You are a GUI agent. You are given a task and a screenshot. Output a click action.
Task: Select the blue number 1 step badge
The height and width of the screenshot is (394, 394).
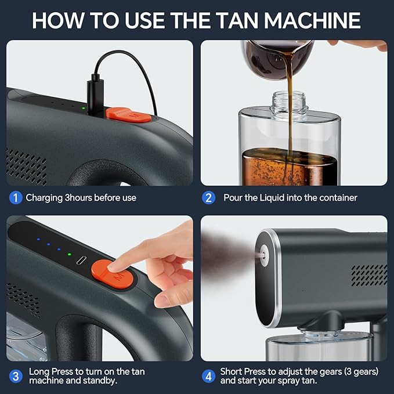[16, 198]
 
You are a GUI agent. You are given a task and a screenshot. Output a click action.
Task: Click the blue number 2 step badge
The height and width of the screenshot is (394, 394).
[208, 198]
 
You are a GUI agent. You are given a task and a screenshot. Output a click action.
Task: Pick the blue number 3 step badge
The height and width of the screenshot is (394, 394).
[16, 377]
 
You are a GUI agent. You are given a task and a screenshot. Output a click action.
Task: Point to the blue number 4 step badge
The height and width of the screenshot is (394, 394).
[208, 377]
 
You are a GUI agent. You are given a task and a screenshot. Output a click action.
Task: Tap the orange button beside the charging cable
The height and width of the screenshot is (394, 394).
[128, 114]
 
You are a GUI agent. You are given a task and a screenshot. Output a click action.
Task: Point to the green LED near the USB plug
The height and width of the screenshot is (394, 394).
[83, 108]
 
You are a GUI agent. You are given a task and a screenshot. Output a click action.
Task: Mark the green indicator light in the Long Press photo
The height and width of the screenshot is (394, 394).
[69, 254]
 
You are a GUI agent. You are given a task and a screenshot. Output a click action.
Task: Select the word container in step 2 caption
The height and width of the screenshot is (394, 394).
[337, 198]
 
